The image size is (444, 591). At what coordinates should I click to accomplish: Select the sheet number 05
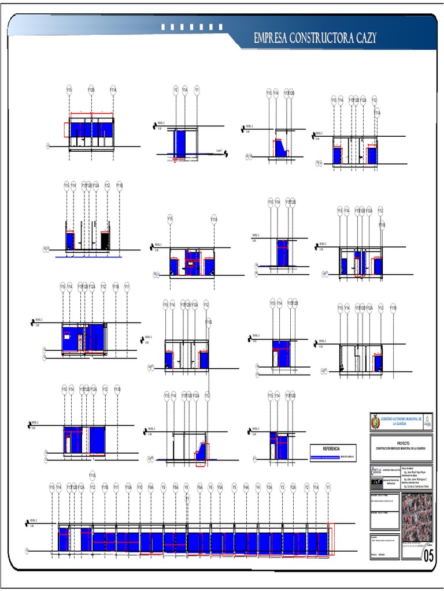pyautogui.click(x=428, y=555)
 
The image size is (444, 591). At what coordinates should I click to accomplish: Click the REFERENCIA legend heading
pyautogui.click(x=331, y=448)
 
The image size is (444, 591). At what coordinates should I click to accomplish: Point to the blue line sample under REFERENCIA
pyautogui.click(x=325, y=457)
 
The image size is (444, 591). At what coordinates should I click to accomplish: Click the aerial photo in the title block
pyautogui.click(x=417, y=517)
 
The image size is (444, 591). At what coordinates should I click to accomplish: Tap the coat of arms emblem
pyautogui.click(x=375, y=422)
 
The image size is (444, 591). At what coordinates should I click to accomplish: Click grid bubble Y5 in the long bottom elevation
pyautogui.click(x=234, y=487)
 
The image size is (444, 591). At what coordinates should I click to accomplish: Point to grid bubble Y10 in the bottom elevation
pyautogui.click(x=139, y=487)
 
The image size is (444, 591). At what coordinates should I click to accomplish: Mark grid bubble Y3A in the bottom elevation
pyautogui.click(x=269, y=487)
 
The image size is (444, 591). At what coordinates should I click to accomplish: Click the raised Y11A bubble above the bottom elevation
pyautogui.click(x=92, y=476)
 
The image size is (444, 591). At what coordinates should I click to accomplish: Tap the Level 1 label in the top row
pyautogui.click(x=219, y=151)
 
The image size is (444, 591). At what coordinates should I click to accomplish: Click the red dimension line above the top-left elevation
pyautogui.click(x=91, y=113)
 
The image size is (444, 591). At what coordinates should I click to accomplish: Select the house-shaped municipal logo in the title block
pyautogui.click(x=427, y=422)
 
